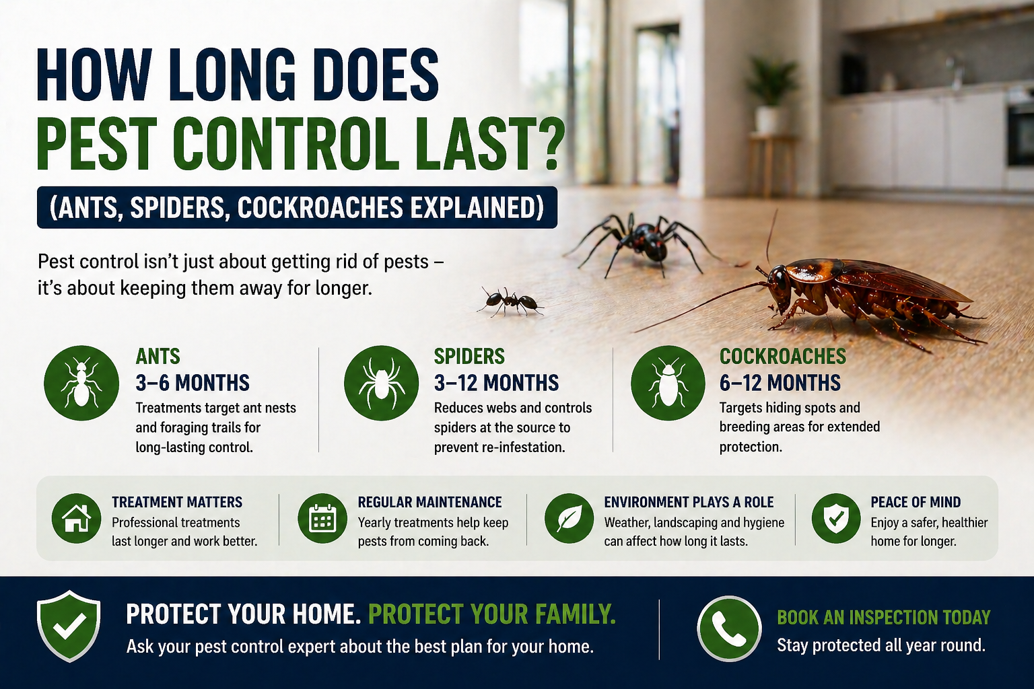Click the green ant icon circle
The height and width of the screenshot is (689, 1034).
81,383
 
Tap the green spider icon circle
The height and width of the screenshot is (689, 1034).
380,383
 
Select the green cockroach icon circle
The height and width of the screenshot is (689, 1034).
668,383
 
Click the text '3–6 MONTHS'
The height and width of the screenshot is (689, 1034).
193,383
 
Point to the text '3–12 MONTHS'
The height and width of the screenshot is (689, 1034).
496,383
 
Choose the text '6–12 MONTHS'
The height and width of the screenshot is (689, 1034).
780,383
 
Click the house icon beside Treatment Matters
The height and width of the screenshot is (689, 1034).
76,519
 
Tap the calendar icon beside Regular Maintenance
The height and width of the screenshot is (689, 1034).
322,519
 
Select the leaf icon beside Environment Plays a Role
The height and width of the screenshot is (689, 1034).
569,519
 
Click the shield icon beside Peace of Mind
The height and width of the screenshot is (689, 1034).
836,519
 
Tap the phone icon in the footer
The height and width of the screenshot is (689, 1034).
728,628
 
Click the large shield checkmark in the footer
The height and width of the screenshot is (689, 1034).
69,626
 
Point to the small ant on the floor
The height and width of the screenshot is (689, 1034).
510,301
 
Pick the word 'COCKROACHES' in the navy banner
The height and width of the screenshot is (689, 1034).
318,208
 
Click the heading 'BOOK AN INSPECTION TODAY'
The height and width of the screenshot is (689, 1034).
883,617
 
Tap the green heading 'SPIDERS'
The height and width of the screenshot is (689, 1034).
469,356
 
